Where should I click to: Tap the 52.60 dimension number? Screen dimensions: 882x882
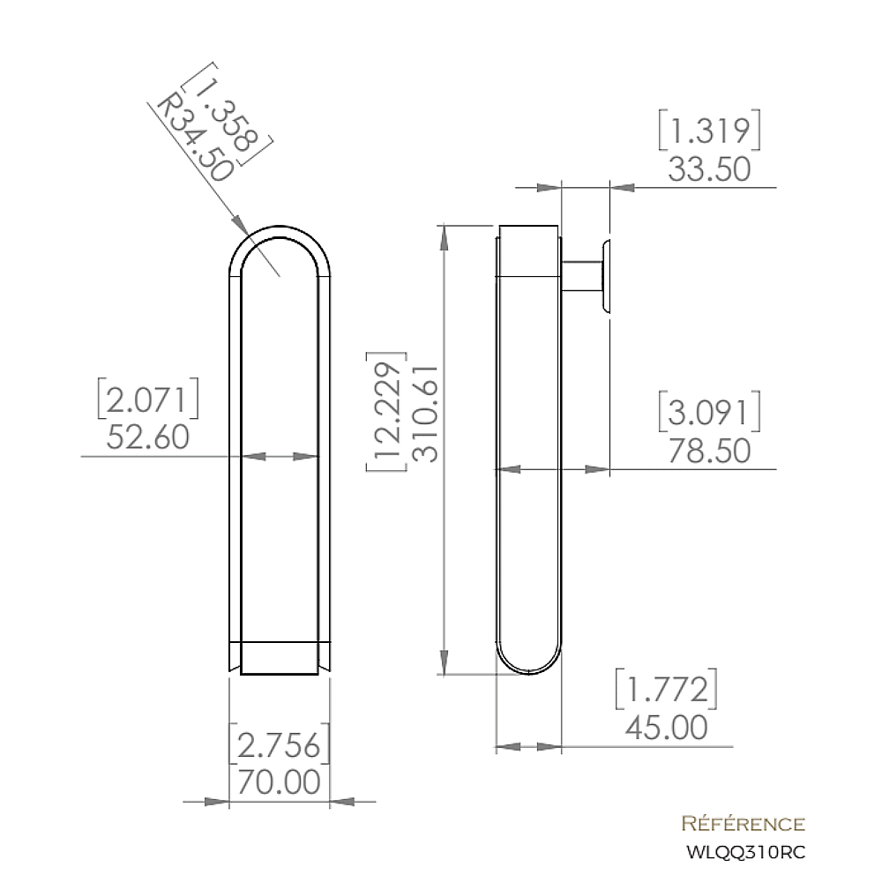(147, 437)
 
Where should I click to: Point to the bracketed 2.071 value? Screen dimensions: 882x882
(147, 400)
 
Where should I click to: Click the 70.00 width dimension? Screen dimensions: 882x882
(280, 781)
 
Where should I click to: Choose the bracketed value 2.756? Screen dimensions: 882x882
(280, 745)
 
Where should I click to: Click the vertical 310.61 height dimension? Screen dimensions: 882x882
(426, 415)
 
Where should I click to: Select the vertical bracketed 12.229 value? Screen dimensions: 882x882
(388, 415)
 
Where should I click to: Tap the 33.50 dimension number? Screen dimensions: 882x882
(709, 168)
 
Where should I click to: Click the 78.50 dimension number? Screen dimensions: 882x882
(709, 451)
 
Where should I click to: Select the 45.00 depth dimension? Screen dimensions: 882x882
(666, 728)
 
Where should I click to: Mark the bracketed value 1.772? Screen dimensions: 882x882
(666, 690)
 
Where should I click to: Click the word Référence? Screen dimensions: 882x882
(744, 825)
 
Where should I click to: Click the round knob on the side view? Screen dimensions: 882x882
(606, 274)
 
